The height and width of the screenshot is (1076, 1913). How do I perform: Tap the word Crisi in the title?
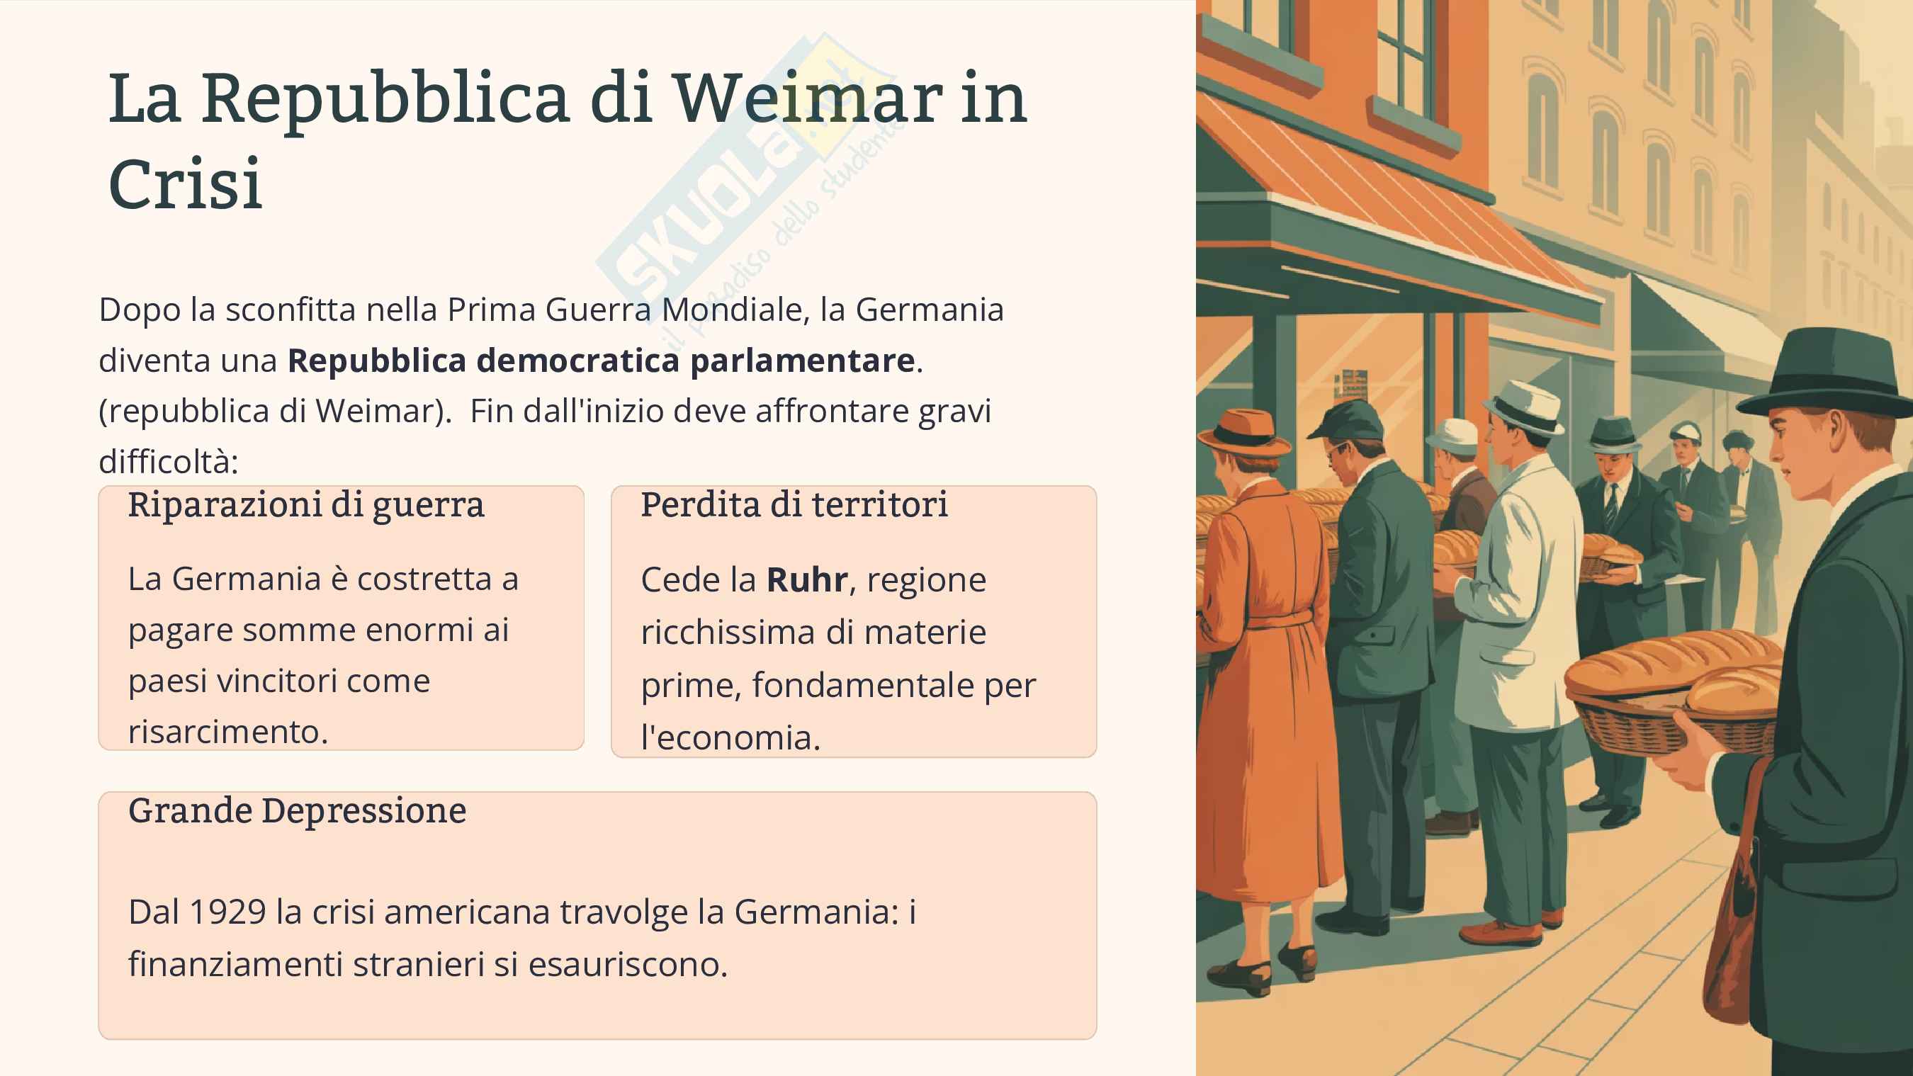pyautogui.click(x=185, y=184)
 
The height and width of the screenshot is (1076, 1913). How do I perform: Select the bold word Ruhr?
pyautogui.click(x=806, y=580)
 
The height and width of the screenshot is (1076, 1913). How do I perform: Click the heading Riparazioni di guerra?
pyautogui.click(x=306, y=506)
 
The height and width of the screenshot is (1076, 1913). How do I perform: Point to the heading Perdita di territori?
pyautogui.click(x=794, y=506)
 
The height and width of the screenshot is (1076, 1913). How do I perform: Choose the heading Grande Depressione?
pyautogui.click(x=297, y=811)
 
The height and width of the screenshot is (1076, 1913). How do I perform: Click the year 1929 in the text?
pyautogui.click(x=227, y=912)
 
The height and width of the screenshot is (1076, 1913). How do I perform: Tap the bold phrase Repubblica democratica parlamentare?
pyautogui.click(x=601, y=361)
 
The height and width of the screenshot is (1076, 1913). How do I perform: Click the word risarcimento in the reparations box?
pyautogui.click(x=227, y=732)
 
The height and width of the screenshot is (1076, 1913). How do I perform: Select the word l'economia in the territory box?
pyautogui.click(x=730, y=738)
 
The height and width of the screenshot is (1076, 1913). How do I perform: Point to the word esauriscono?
pyautogui.click(x=628, y=965)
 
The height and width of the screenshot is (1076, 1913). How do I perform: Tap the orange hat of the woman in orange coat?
pyautogui.click(x=1246, y=433)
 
